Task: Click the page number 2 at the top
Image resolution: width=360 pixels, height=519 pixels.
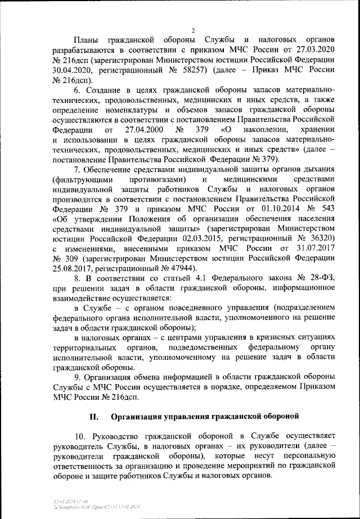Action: [x=192, y=30]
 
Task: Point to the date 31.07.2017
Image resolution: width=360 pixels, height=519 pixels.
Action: [x=316, y=250]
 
